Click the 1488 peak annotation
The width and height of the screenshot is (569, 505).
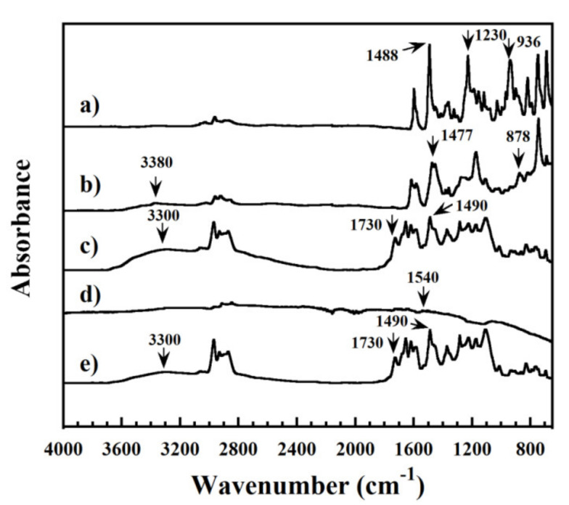[383, 56]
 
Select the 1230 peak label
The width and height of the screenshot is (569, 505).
[492, 35]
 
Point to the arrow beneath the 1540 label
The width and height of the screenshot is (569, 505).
[424, 298]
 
